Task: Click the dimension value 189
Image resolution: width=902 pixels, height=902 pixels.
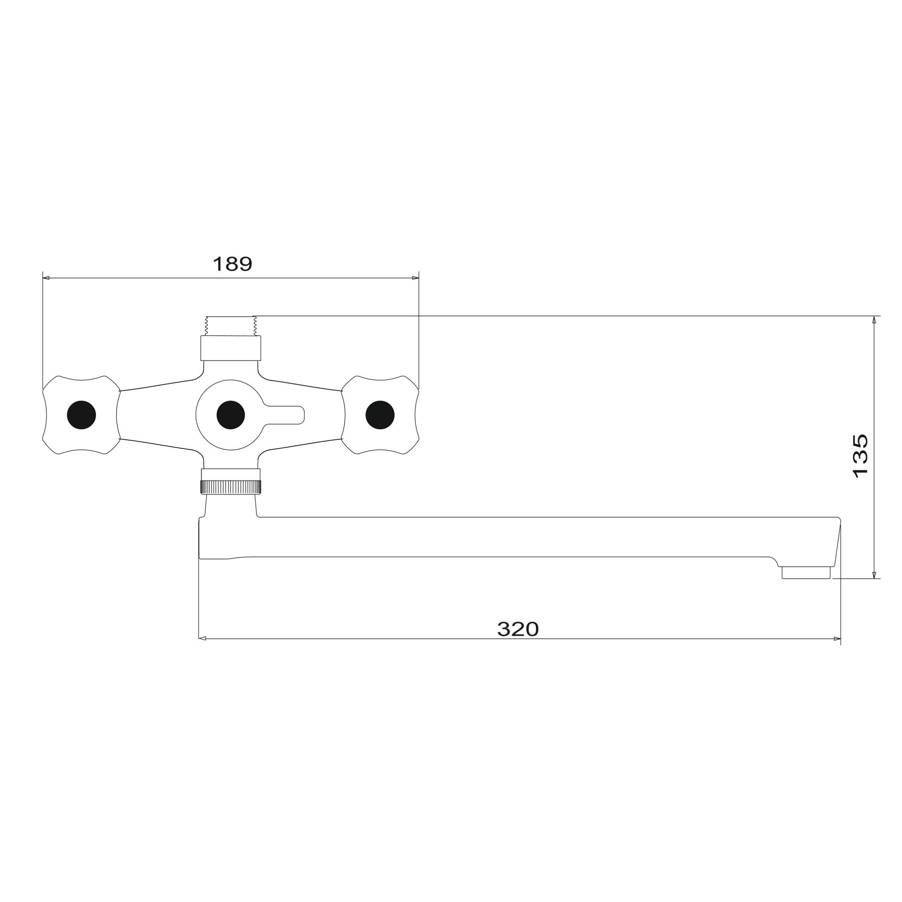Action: [x=233, y=264]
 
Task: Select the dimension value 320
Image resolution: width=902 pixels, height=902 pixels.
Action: [x=518, y=629]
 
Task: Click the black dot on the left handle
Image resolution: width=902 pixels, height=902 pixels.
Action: [x=82, y=415]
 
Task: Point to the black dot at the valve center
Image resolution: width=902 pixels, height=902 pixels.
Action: [x=231, y=415]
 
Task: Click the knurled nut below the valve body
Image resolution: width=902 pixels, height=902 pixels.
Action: [x=231, y=487]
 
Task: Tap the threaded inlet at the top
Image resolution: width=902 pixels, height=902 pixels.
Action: [x=231, y=326]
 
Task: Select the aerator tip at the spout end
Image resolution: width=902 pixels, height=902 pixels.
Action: [x=806, y=573]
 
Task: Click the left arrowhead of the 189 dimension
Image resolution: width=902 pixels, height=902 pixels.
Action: [x=46, y=278]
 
